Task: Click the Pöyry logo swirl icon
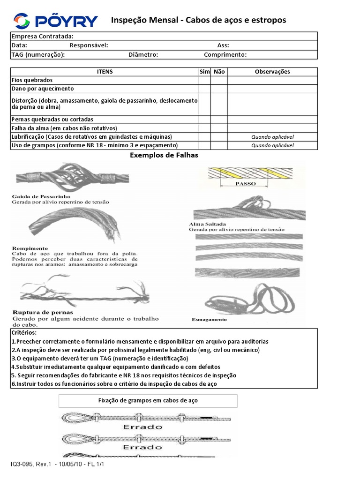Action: [22, 21]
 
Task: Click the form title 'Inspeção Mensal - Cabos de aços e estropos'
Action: [198, 20]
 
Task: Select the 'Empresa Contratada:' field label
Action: [42, 37]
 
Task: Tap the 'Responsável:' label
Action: [89, 45]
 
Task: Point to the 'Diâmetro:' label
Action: [143, 55]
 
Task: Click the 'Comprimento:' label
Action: [225, 55]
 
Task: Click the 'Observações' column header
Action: [272, 72]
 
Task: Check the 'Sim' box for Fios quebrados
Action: [204, 80]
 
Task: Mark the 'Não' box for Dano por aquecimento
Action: [219, 89]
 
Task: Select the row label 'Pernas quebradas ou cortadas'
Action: [52, 120]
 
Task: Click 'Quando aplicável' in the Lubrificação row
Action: [272, 137]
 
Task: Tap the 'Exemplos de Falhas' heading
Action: [164, 155]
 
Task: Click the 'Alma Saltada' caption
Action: [208, 224]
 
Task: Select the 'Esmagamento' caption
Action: [209, 320]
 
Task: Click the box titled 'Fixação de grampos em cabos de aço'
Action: [148, 401]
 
